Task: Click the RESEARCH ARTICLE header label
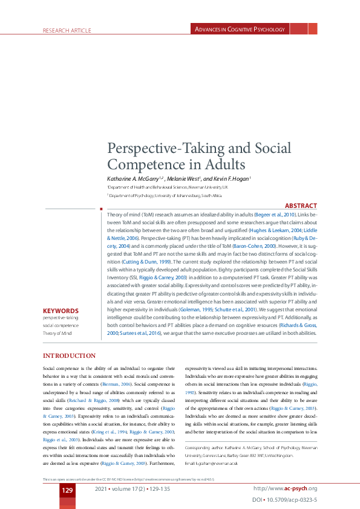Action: [67, 30]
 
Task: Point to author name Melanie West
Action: [183, 179]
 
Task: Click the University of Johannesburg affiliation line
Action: [165, 195]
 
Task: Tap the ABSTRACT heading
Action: [301, 206]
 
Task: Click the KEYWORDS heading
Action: [61, 311]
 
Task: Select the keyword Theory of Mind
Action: [57, 332]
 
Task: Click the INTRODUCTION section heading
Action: [69, 355]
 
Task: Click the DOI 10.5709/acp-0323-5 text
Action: [284, 501]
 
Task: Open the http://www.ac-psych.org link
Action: [286, 488]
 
